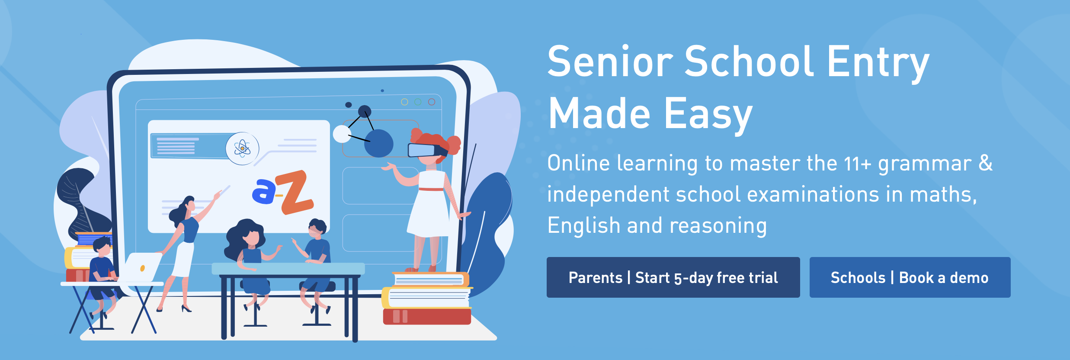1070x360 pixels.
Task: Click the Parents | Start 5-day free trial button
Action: [673, 277]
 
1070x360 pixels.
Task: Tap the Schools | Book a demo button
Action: [910, 277]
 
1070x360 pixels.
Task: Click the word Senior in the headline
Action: [610, 61]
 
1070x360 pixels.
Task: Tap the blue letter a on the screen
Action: [263, 191]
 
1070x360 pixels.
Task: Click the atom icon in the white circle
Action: [242, 148]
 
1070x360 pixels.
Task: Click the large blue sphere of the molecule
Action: [378, 143]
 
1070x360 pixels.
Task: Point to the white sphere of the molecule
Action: [342, 134]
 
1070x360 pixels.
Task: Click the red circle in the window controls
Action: [431, 102]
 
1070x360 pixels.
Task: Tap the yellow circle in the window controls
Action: [404, 102]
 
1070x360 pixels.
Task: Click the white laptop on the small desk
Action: [141, 267]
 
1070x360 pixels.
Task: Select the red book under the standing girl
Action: [427, 316]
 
